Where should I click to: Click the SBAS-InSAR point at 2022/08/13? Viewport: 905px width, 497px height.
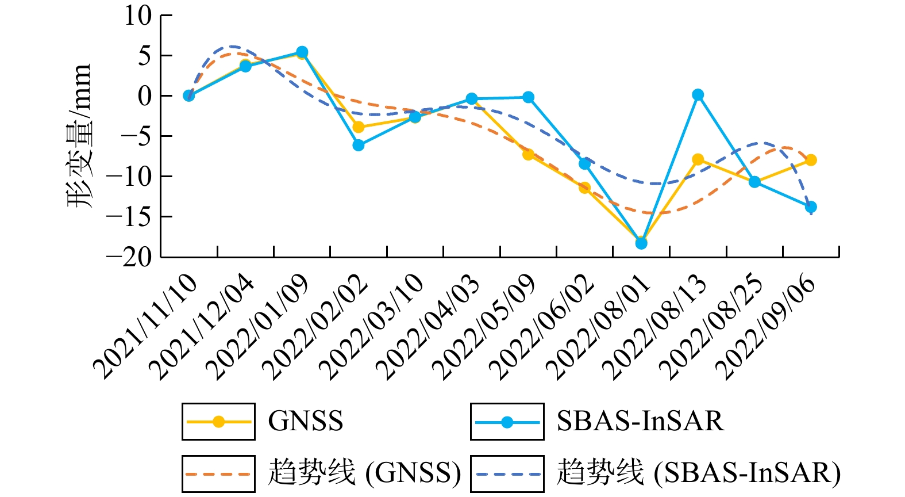[x=698, y=95]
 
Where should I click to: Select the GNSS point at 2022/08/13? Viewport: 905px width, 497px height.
[x=698, y=159]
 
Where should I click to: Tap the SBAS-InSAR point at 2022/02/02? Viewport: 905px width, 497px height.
[x=359, y=145]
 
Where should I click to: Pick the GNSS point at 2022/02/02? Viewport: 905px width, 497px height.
[x=359, y=127]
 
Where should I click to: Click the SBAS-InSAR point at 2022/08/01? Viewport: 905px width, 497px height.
[x=641, y=243]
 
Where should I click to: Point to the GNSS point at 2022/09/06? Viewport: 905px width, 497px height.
[x=811, y=160]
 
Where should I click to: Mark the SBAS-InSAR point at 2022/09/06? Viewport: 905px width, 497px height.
[x=811, y=207]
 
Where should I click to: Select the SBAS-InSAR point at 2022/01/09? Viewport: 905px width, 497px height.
[x=302, y=52]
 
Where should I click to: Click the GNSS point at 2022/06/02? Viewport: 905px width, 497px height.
[x=585, y=188]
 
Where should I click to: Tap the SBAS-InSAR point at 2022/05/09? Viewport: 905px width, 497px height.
[x=528, y=97]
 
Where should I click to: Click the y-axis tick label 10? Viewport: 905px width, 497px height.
[x=138, y=16]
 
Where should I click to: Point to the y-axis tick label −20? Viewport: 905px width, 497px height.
[x=130, y=257]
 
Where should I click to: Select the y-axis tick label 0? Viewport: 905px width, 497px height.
[x=145, y=96]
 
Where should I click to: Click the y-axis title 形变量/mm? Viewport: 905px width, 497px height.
[x=79, y=136]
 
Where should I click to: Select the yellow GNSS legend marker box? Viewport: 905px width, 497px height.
[x=218, y=422]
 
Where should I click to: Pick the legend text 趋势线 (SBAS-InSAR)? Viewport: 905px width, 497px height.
[x=698, y=473]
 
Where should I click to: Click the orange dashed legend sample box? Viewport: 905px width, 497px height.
[x=218, y=474]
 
